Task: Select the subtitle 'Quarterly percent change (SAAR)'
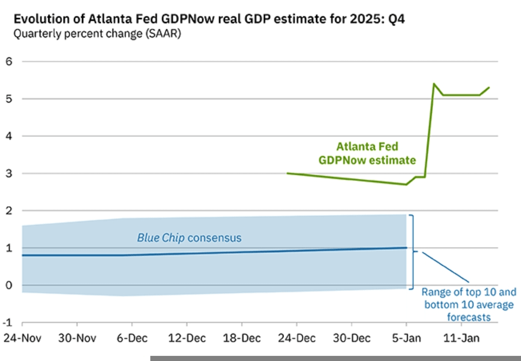pyautogui.click(x=97, y=34)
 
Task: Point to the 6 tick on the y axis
pyautogui.click(x=8, y=62)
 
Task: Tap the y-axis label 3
pyautogui.click(x=8, y=173)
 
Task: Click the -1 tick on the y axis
pyautogui.click(x=7, y=322)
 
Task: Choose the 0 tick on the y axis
pyautogui.click(x=8, y=285)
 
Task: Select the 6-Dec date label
pyautogui.click(x=132, y=337)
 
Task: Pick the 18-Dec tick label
pyautogui.click(x=242, y=337)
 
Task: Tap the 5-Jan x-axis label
pyautogui.click(x=406, y=337)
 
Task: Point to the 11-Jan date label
pyautogui.click(x=462, y=337)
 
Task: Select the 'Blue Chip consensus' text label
pyautogui.click(x=189, y=238)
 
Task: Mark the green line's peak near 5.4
pyautogui.click(x=434, y=84)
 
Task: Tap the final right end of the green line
pyautogui.click(x=489, y=88)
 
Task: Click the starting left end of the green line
pyautogui.click(x=287, y=173)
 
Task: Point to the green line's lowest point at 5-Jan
pyautogui.click(x=406, y=184)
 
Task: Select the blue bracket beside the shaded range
pyautogui.click(x=413, y=252)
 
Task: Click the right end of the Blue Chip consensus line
pyautogui.click(x=406, y=248)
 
